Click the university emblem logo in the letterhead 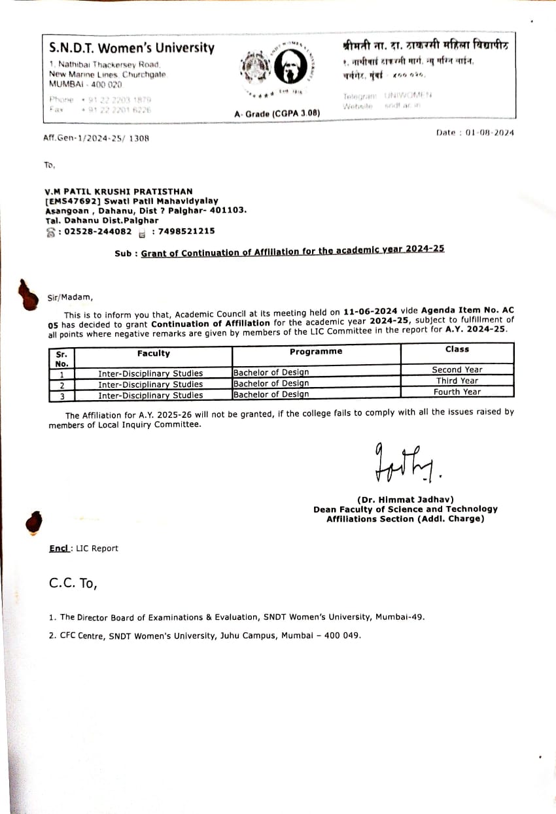pos(277,69)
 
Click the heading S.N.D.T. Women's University pos(131,48)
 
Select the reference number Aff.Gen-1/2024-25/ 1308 pos(96,138)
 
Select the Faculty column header pos(153,353)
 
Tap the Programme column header pos(316,351)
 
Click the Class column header pos(457,349)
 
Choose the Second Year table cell pos(457,369)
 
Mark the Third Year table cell pos(457,381)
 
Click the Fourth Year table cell pos(457,392)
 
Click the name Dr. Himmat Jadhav pos(405,500)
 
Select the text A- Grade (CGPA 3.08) pos(277,113)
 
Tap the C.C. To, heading pos(73,583)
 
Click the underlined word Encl pos(60,548)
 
